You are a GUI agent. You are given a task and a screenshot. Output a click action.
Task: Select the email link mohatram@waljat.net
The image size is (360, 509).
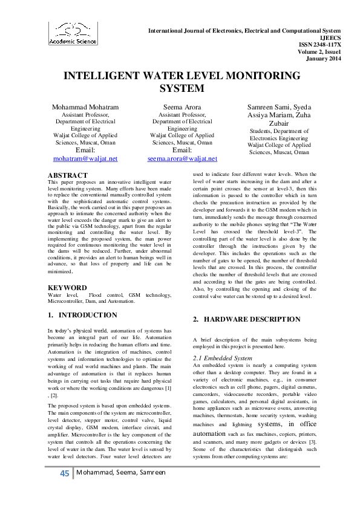(x=85, y=158)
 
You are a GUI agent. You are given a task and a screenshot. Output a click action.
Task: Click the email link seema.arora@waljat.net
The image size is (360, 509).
(x=182, y=158)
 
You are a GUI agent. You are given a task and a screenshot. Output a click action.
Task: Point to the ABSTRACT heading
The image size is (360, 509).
(x=65, y=175)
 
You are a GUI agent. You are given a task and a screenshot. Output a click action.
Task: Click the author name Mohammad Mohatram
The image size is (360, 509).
(x=85, y=107)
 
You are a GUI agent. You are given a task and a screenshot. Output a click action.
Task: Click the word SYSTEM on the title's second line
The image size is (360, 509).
(x=180, y=88)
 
